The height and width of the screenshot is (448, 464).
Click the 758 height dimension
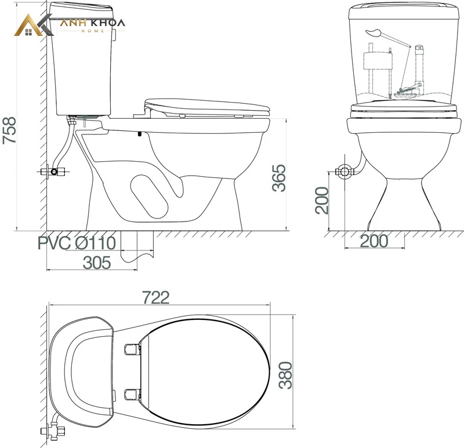[9, 130]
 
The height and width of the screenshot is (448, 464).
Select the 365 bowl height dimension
[280, 178]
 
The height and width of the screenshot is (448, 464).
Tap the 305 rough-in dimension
[97, 263]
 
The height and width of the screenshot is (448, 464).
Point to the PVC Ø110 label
[77, 243]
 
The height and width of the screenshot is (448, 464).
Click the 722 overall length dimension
[156, 297]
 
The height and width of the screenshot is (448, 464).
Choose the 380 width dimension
[286, 375]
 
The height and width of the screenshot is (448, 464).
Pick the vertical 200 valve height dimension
[322, 201]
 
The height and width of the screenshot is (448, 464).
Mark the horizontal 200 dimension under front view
[374, 241]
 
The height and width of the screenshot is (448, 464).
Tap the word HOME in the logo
[93, 31]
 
